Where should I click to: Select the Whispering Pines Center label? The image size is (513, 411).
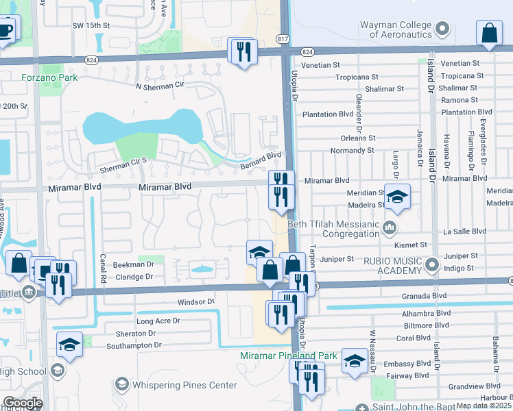point(184,385)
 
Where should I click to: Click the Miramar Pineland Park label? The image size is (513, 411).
point(289,356)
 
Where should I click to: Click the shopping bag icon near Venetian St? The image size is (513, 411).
point(490,32)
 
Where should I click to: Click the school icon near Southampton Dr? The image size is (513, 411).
point(69,344)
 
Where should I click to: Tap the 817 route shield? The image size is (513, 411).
point(283,39)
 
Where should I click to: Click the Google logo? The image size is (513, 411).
point(23,403)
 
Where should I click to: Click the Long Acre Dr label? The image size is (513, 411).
point(158,321)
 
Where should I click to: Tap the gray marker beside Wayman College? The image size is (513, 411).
point(442,29)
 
